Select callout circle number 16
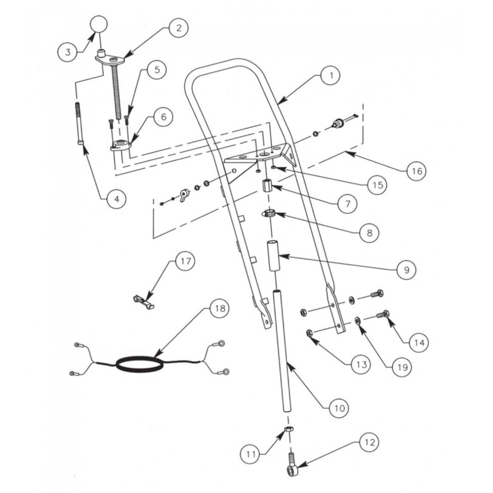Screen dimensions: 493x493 coord(416,170)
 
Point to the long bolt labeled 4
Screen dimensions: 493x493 coord(79,123)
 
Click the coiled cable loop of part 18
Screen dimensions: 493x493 coord(140,364)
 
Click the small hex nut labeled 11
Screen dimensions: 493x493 coord(289,430)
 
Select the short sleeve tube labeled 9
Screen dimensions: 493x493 coord(275,256)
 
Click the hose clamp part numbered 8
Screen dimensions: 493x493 coord(269,214)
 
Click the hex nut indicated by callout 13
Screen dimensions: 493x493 coord(310,333)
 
